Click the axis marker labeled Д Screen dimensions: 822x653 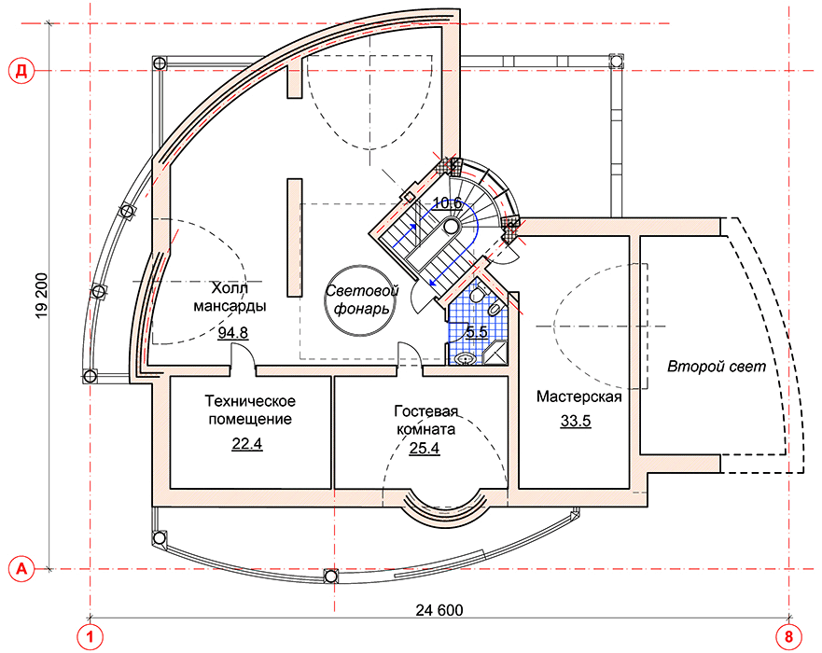tap(21, 71)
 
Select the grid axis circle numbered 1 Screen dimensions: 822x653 tap(91, 637)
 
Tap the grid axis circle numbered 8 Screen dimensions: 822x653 tap(789, 637)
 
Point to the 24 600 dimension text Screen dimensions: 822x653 tap(439, 610)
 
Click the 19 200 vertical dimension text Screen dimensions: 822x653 tap(41, 295)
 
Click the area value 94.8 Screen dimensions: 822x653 tap(233, 333)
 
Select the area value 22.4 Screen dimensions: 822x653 tap(247, 444)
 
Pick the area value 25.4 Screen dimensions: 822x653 tap(425, 448)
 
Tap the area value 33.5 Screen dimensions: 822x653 tap(576, 421)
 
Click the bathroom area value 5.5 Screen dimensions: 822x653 tap(477, 332)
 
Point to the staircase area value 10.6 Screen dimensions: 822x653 tap(447, 202)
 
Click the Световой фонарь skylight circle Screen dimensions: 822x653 tap(362, 300)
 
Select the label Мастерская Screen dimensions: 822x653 tap(578, 396)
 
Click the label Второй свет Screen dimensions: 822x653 tap(717, 367)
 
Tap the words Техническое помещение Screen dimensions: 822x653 tap(250, 410)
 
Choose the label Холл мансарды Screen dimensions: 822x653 tap(230, 297)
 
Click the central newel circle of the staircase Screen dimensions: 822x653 tap(451, 227)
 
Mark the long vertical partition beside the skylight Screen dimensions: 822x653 tap(294, 238)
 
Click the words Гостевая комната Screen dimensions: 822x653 tap(425, 420)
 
